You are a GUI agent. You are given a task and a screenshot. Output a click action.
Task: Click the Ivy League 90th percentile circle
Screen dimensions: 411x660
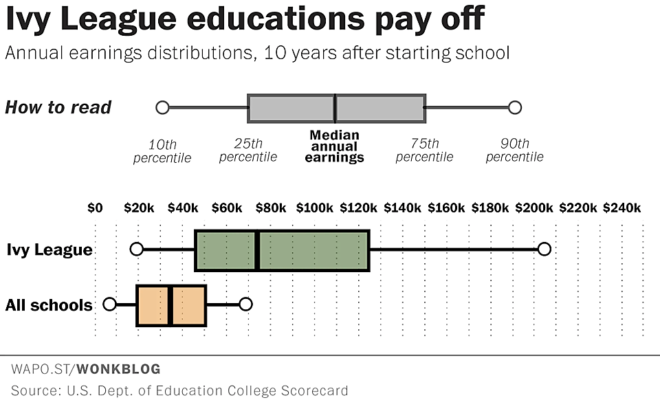(x=544, y=249)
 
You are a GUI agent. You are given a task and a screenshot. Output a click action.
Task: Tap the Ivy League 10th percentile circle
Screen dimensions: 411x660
(x=137, y=249)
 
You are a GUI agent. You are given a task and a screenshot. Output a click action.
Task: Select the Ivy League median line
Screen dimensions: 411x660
(x=257, y=250)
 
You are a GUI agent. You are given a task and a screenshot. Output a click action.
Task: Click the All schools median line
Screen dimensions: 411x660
(x=169, y=304)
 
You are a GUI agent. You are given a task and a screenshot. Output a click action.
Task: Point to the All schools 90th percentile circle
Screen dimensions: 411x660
(x=245, y=304)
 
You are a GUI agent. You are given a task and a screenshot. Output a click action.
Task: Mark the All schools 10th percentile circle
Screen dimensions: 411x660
(x=109, y=304)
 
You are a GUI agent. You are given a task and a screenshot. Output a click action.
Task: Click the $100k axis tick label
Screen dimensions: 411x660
(x=315, y=208)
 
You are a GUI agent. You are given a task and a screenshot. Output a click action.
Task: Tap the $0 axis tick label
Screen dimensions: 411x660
(x=95, y=208)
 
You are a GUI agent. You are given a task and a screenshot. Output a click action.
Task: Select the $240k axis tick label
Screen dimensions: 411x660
(x=622, y=208)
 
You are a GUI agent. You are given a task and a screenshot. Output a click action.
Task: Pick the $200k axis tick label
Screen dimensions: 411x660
(x=534, y=208)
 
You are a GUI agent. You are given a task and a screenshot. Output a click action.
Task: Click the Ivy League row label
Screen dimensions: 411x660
(x=49, y=249)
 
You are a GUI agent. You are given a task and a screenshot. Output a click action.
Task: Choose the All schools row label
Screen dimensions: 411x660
(x=49, y=304)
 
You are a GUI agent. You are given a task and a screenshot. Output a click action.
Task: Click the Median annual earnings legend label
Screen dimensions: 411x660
(x=334, y=146)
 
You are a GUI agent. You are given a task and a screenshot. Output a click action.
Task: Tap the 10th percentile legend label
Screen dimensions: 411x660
(x=162, y=151)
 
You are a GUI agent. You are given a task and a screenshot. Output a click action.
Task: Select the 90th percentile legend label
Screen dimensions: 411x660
(x=514, y=151)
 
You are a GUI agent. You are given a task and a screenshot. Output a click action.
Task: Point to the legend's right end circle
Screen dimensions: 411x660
(x=514, y=107)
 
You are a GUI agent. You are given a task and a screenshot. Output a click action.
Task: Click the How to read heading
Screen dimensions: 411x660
(x=58, y=107)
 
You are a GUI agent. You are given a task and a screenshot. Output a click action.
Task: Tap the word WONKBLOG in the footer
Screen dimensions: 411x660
(x=118, y=370)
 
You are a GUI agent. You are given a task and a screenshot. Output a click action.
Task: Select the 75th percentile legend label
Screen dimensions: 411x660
(x=425, y=151)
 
